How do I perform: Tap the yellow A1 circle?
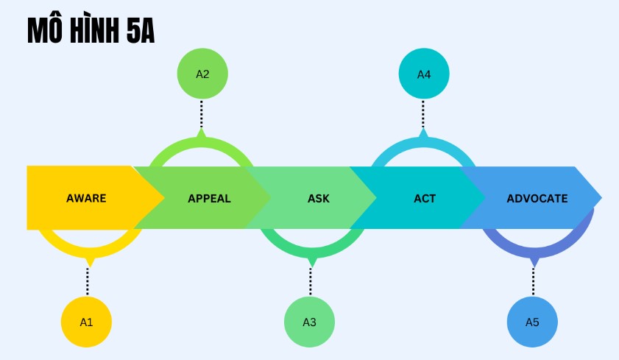tap(86, 322)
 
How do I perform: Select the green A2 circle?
tap(202, 74)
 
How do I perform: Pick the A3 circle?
tap(309, 322)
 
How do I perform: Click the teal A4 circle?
tap(424, 74)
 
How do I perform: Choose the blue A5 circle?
tap(532, 322)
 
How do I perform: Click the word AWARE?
tap(86, 198)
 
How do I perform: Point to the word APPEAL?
tap(209, 198)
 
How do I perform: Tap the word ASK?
tap(319, 198)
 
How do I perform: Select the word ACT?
tap(425, 198)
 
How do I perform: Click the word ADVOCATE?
tap(537, 198)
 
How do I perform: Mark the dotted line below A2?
tap(202, 114)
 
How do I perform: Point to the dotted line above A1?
tap(88, 281)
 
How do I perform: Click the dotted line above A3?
tap(311, 281)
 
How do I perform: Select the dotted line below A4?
tap(423, 114)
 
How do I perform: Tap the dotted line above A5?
tap(533, 281)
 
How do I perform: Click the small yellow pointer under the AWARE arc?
tap(90, 261)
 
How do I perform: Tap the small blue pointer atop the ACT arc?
tap(423, 134)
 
